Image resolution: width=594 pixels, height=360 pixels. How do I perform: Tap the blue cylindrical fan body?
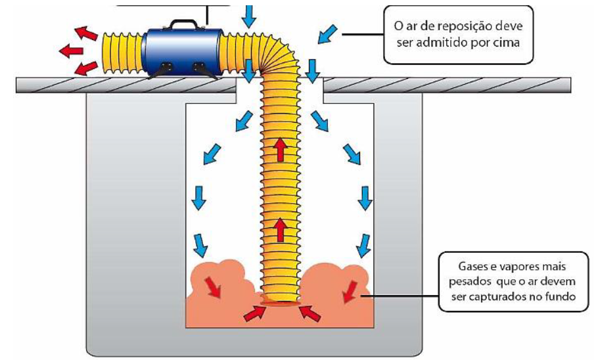185,51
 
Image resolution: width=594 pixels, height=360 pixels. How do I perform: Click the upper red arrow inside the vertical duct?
281,150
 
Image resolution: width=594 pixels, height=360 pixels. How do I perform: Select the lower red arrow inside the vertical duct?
281,230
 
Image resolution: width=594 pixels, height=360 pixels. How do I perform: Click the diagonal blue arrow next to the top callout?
327,34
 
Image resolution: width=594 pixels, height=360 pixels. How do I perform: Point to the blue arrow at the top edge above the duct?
248,16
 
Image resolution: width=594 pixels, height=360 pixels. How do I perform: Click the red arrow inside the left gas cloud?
212,286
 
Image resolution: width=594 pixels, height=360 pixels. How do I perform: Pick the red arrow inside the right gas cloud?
349,292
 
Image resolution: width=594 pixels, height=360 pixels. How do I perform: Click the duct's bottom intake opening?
281,302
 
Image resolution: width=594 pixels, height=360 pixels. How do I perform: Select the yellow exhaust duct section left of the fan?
122,51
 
